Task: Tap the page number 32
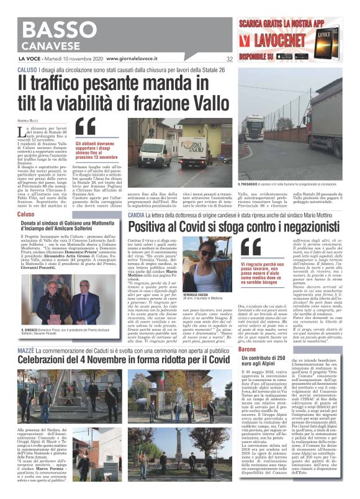[x=229, y=59]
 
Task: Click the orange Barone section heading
[x=248, y=351]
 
